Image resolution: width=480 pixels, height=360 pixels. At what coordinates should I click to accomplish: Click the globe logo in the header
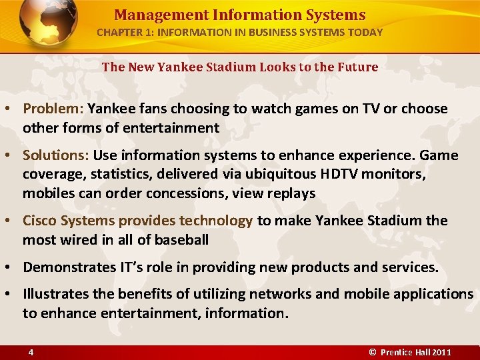point(48,25)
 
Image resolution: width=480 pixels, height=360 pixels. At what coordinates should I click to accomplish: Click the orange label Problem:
point(53,109)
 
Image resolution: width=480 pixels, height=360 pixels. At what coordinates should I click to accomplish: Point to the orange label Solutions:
point(56,155)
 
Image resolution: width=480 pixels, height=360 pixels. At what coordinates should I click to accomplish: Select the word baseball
point(179,239)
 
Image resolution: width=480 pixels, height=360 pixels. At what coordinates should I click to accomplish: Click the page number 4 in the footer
point(31,352)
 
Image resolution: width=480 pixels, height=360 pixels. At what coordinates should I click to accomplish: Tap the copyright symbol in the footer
point(373,352)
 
